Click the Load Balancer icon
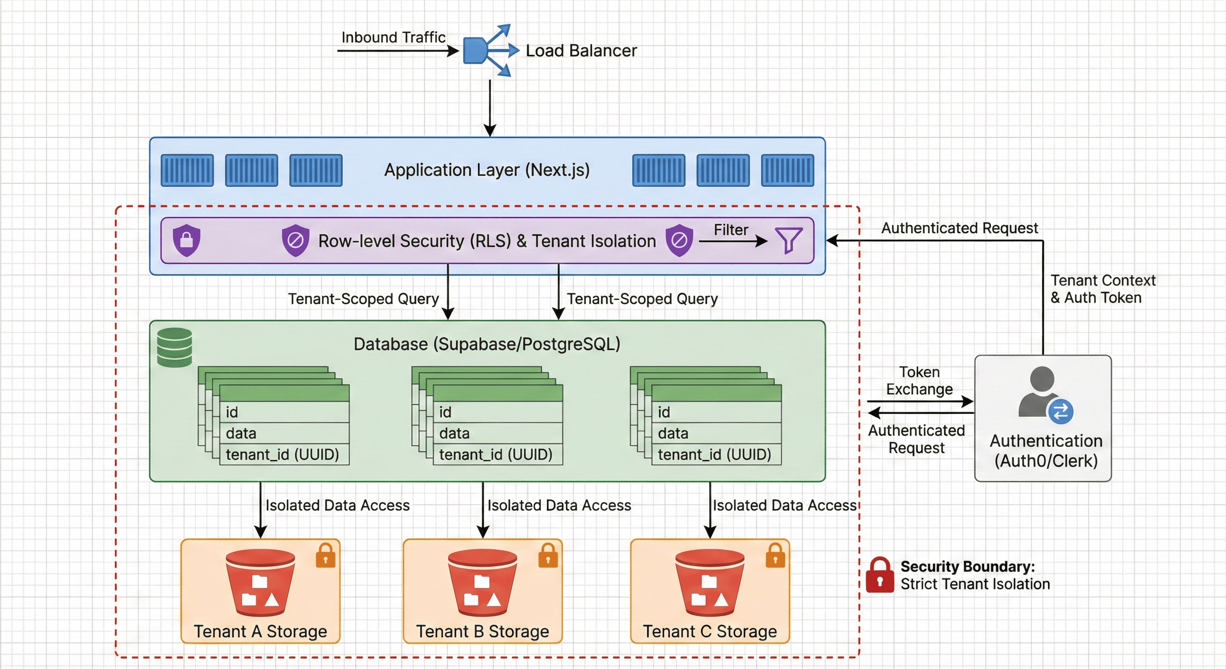point(488,50)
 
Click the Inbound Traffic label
point(393,37)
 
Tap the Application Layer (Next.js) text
point(487,170)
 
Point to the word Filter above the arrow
point(731,230)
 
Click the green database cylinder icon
point(175,347)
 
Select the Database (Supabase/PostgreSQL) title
point(487,344)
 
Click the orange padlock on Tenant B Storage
point(548,555)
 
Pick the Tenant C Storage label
point(710,631)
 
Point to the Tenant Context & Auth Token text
point(1102,289)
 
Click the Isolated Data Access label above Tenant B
point(559,505)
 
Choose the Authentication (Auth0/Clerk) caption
point(1046,450)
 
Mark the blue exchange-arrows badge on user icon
point(1061,412)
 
